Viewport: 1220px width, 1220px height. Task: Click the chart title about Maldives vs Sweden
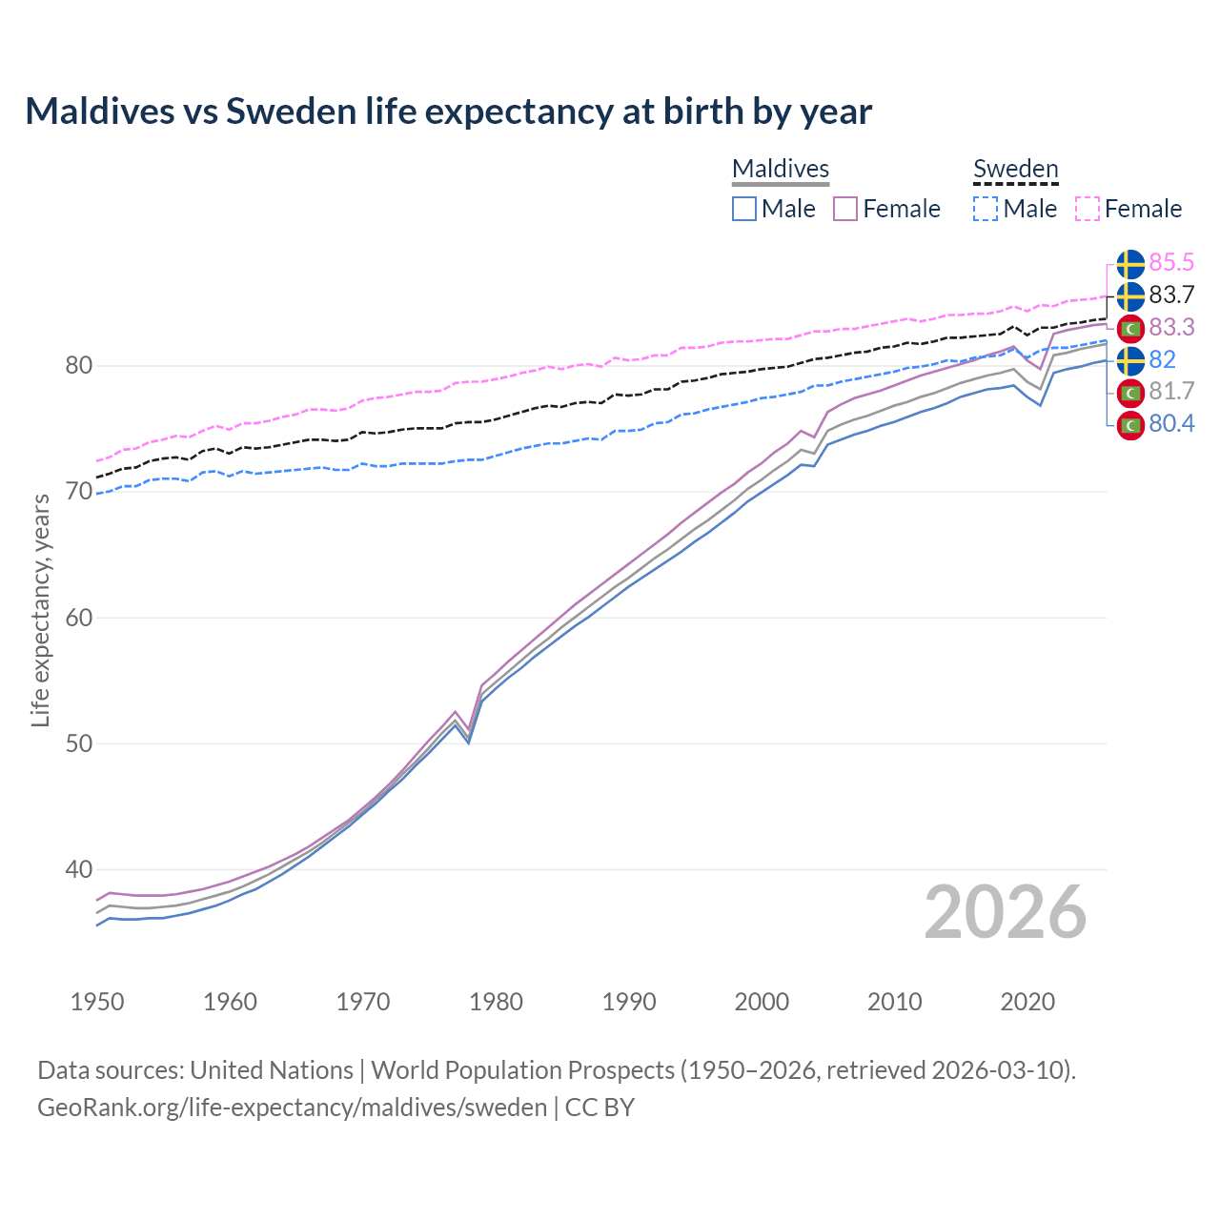(448, 112)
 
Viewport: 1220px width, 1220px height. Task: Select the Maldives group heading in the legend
(781, 169)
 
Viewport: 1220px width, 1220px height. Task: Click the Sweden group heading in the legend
(1015, 169)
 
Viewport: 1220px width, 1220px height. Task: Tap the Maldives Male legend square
(744, 209)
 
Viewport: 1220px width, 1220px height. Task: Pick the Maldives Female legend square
(846, 209)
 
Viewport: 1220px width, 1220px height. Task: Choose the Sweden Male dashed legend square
(986, 209)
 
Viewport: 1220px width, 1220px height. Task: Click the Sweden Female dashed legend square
(1088, 209)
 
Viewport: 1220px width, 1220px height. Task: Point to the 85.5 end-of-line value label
(1171, 262)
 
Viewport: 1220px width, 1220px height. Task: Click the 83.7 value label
(1171, 295)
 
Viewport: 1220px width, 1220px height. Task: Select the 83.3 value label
(1171, 327)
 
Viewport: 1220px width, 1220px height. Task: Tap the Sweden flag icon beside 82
(1130, 360)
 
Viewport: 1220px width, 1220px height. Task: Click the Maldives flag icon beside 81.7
(1130, 392)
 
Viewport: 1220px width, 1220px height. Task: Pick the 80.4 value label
(1171, 424)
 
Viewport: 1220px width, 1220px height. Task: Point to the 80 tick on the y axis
(79, 366)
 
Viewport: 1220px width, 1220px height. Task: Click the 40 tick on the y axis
(79, 869)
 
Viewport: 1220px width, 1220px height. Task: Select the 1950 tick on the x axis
(97, 1002)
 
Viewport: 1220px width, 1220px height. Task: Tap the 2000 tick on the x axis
(762, 1002)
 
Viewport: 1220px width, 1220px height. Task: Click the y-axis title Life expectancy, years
(41, 610)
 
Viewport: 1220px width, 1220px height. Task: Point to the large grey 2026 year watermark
(1006, 913)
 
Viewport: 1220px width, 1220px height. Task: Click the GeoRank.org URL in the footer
(292, 1108)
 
